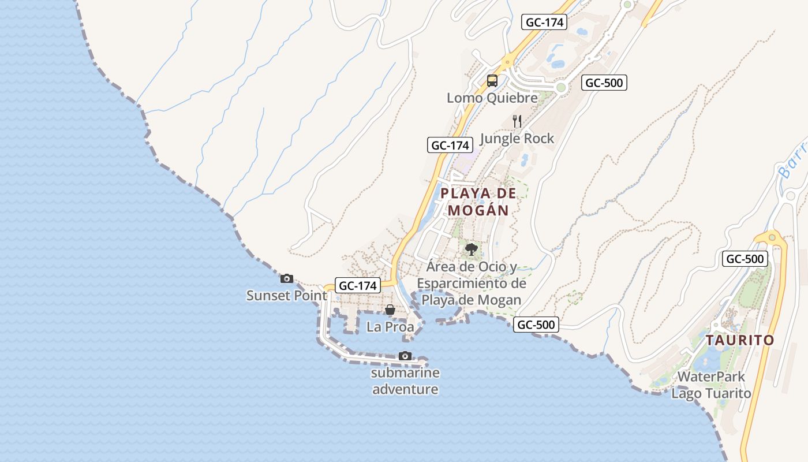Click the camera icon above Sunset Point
click(287, 279)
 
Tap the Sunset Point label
click(287, 296)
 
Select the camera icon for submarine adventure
click(405, 356)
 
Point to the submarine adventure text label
click(405, 381)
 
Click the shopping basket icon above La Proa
click(390, 310)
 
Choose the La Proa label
click(390, 327)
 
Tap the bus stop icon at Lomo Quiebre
click(492, 81)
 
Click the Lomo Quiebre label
click(492, 98)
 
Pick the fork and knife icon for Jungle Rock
click(517, 121)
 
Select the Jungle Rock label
click(517, 139)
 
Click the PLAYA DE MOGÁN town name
click(478, 202)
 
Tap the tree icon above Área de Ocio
click(472, 249)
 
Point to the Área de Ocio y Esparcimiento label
click(472, 284)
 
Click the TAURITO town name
click(740, 340)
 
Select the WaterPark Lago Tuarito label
click(712, 385)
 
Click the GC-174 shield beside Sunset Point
click(358, 285)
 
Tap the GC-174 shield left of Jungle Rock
click(450, 145)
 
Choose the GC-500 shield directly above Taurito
click(745, 259)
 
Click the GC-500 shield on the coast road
click(536, 325)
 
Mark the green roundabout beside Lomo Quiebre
click(560, 87)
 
